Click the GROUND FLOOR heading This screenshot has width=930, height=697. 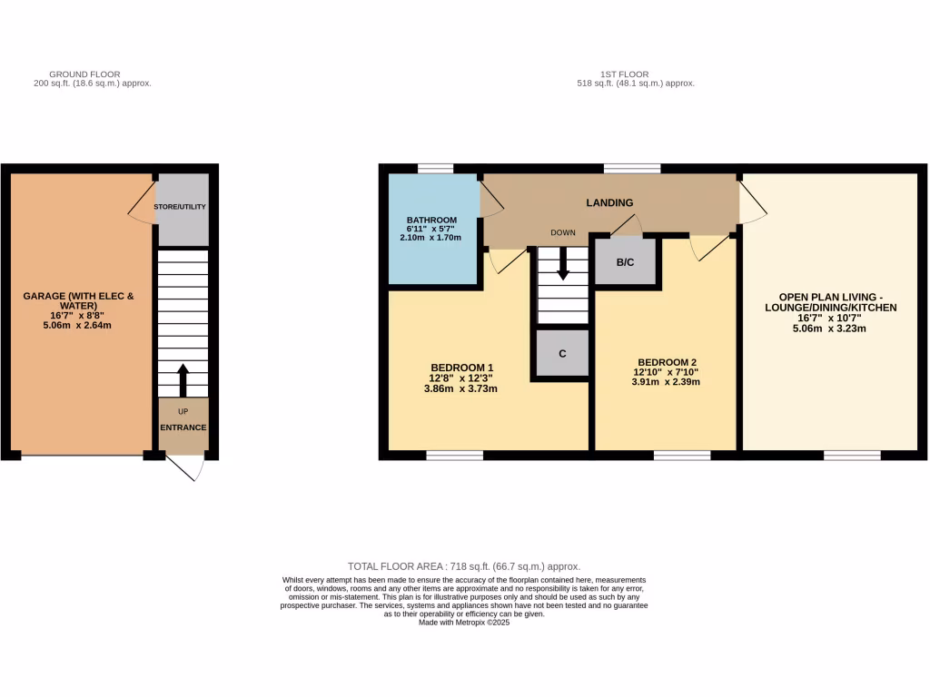click(x=84, y=74)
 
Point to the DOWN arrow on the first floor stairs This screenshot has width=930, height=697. click(x=562, y=264)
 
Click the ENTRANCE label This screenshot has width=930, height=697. click(x=183, y=427)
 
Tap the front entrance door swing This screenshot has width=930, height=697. click(x=188, y=466)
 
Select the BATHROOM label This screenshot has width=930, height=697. click(x=431, y=221)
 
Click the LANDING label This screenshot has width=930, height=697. click(x=609, y=202)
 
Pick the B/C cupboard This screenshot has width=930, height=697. click(x=625, y=263)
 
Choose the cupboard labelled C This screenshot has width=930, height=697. click(x=562, y=353)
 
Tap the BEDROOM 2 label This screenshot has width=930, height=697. click(x=667, y=361)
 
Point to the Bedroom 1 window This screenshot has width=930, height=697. click(x=454, y=455)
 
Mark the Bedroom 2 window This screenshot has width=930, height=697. click(x=681, y=455)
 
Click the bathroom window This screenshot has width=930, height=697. click(x=435, y=169)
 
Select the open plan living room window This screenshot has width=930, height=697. click(x=852, y=455)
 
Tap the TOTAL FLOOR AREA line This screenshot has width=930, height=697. click(x=463, y=566)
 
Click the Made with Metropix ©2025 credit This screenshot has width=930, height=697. click(x=464, y=623)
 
